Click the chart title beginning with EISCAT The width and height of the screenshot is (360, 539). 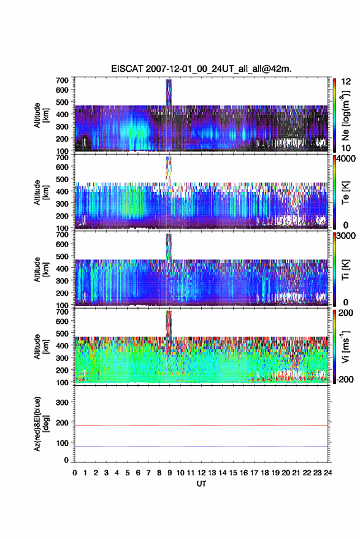pyautogui.click(x=201, y=69)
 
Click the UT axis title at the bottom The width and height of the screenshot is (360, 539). pyautogui.click(x=201, y=484)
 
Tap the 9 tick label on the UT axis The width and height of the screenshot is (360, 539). pyautogui.click(x=170, y=473)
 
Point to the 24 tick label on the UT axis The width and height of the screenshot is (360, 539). pyautogui.click(x=327, y=473)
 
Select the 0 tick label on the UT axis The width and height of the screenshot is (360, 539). pyautogui.click(x=75, y=473)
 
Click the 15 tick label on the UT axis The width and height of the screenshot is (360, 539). pyautogui.click(x=233, y=473)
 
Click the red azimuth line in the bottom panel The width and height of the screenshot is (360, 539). pyautogui.click(x=201, y=426)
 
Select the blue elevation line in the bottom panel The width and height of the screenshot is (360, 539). pyautogui.click(x=201, y=446)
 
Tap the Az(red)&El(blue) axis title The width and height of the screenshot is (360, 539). pyautogui.click(x=41, y=424)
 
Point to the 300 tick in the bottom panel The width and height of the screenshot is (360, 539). pyautogui.click(x=62, y=402)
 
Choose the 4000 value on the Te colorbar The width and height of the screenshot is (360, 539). pyautogui.click(x=347, y=159)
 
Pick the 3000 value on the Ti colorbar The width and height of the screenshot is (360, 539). pyautogui.click(x=347, y=236)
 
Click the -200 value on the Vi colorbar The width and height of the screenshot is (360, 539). pyautogui.click(x=345, y=379)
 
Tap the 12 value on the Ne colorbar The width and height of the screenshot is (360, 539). pyautogui.click(x=346, y=82)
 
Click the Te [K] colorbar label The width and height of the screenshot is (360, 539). pyautogui.click(x=345, y=193)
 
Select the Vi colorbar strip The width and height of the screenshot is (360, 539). pyautogui.click(x=334, y=346)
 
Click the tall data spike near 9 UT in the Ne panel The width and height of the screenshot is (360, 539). pyautogui.click(x=169, y=93)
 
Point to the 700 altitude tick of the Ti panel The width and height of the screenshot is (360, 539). pyautogui.click(x=62, y=234)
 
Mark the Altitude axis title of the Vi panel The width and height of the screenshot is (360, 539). pyautogui.click(x=41, y=346)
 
